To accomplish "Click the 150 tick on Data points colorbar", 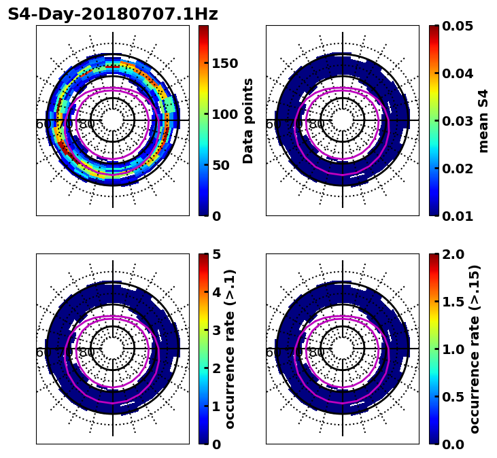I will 224,63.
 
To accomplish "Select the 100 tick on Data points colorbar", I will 224,114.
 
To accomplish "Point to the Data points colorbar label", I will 248,120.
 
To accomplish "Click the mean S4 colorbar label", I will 483,120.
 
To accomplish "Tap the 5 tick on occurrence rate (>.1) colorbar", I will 216,254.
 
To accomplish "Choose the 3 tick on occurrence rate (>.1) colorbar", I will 216,330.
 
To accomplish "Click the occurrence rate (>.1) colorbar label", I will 230,349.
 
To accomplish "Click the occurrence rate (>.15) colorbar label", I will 475,349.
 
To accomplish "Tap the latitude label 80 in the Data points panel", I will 87,124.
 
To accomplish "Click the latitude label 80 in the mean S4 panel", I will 317,124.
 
